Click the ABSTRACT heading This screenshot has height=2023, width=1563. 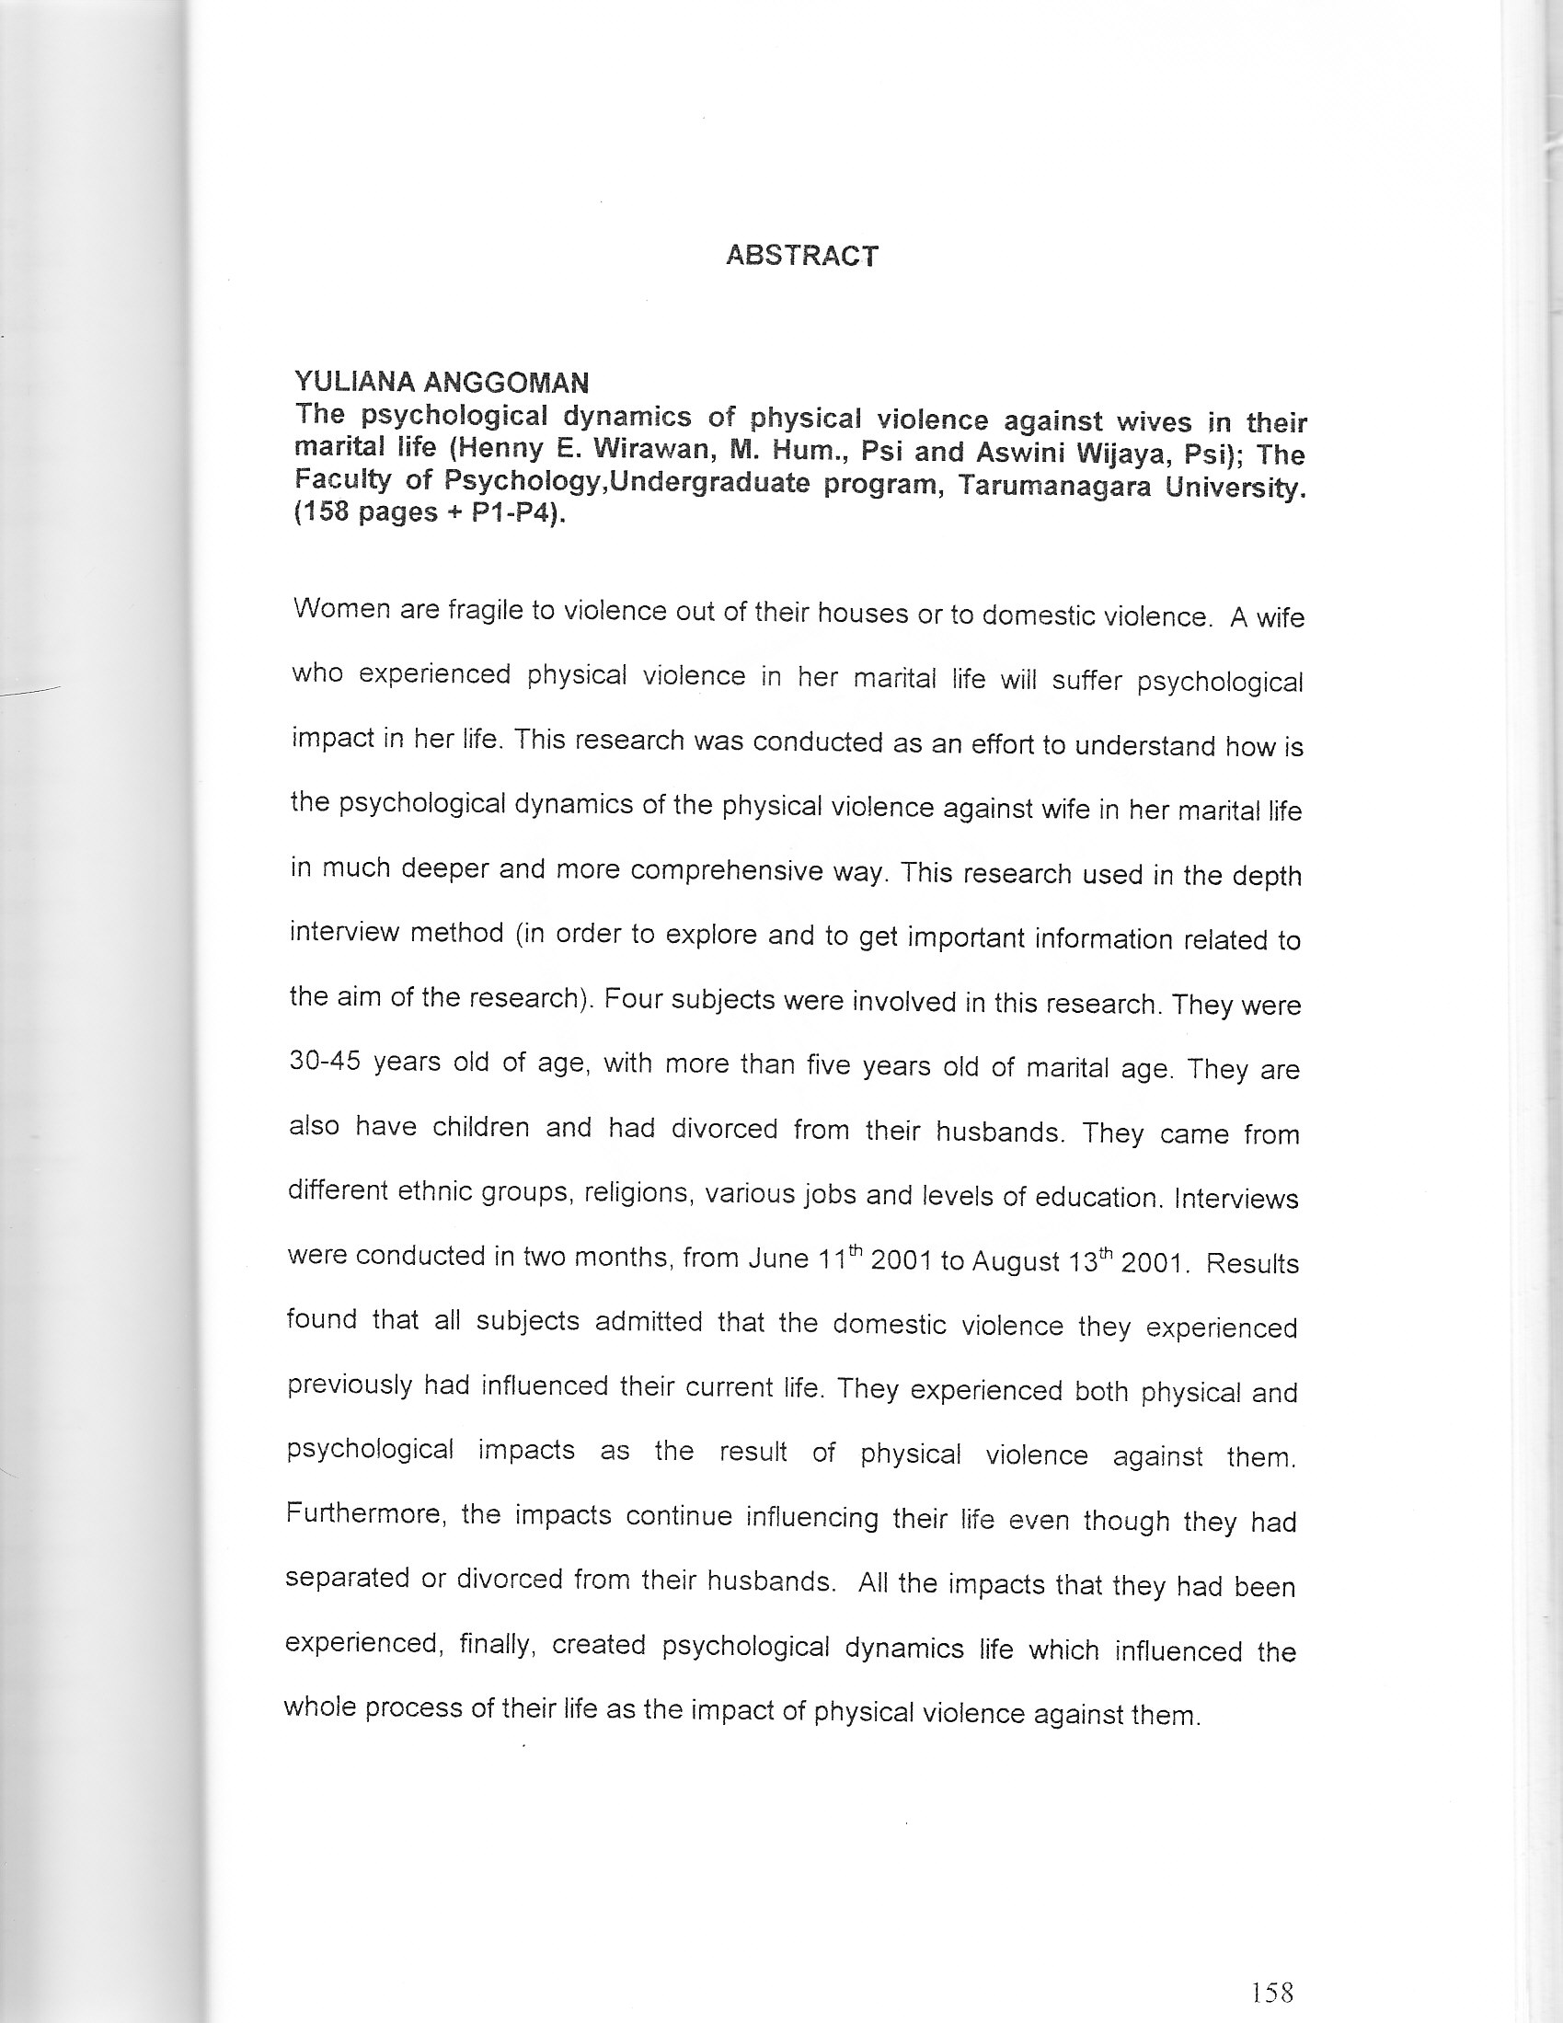[x=801, y=256]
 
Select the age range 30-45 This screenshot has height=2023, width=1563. [x=324, y=1061]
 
